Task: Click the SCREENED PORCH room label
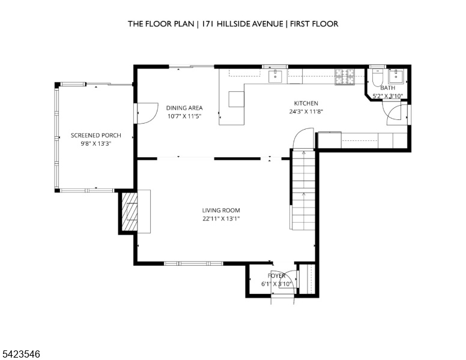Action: [95, 136]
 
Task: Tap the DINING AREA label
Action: [184, 108]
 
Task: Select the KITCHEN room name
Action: [306, 103]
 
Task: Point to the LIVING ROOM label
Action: [221, 211]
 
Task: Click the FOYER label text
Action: [276, 275]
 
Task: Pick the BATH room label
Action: [387, 88]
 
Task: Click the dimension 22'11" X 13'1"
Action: [221, 219]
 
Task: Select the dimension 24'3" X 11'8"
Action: [306, 112]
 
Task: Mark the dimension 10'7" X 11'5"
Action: [184, 116]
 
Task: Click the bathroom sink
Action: [396, 76]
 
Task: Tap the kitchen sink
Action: [276, 76]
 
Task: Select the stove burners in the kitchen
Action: [345, 77]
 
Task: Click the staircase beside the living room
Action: [303, 190]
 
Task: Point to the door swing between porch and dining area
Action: [147, 113]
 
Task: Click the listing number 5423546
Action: [21, 354]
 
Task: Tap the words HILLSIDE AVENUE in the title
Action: [250, 24]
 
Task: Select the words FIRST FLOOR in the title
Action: [314, 24]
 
